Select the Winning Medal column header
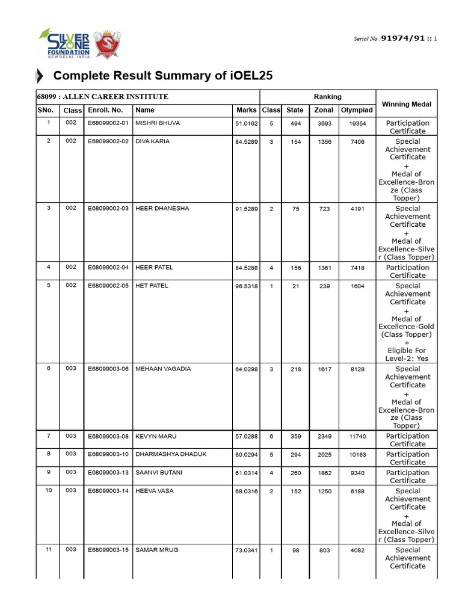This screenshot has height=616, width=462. point(407,104)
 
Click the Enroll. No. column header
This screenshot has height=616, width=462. point(105,110)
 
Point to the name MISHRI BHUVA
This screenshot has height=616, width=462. point(157,123)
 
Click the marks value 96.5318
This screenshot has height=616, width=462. point(246,286)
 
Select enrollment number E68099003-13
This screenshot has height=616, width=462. point(108,473)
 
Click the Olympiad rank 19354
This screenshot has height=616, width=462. point(357,123)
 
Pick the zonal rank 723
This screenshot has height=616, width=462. point(324,209)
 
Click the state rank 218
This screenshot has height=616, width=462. point(295,369)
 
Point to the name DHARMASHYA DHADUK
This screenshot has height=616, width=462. point(171,454)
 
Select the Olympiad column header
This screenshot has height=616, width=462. point(357,110)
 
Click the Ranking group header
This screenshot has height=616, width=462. point(327,96)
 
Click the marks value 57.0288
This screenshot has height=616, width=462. point(246,436)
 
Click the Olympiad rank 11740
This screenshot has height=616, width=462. point(357,436)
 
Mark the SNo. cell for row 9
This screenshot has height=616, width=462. point(48,473)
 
